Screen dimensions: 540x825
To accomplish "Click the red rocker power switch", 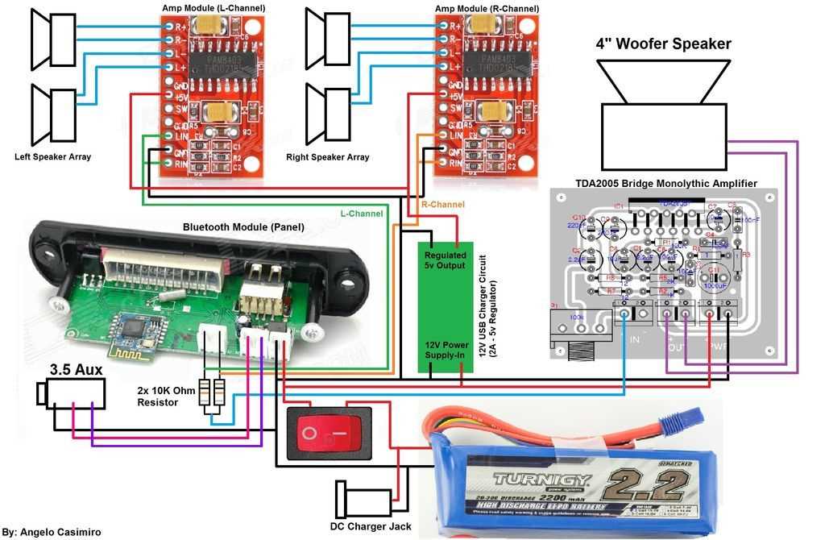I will (329, 434).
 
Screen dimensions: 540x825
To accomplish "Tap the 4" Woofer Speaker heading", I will (663, 44).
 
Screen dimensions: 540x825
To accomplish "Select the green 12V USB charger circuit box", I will (445, 305).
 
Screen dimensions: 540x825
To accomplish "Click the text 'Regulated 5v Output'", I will (445, 260).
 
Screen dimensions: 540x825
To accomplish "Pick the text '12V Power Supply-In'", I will (445, 349).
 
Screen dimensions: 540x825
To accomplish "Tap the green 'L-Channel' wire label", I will (361, 214).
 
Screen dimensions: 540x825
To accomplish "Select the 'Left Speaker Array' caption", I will (52, 156).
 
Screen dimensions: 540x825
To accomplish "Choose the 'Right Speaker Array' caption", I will (328, 157).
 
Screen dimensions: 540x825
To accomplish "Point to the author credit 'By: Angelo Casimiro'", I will (52, 533).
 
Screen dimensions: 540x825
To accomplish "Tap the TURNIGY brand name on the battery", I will (541, 480).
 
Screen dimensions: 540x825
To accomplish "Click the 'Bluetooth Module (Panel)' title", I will (243, 227).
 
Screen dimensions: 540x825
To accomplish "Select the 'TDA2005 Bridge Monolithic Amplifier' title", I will (665, 183).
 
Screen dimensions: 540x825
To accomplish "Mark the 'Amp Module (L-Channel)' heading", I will (213, 8).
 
